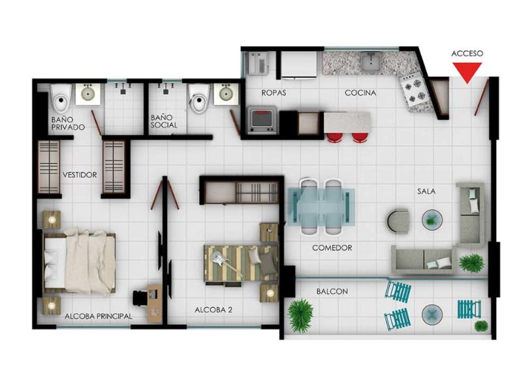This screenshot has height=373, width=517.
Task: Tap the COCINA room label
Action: point(360,93)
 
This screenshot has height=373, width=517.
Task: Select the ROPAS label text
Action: point(274,93)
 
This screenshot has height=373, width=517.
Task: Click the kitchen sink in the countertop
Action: point(371,61)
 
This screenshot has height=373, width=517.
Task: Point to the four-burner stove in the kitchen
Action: point(415,91)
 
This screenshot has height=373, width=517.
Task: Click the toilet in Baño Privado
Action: point(61,97)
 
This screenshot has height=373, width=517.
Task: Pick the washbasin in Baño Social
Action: point(226,94)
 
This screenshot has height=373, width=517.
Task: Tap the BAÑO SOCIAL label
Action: point(164,122)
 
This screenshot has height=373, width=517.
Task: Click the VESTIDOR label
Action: point(80,175)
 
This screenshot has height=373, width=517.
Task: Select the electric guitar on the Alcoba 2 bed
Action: point(225,261)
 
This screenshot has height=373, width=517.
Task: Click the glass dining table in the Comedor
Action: point(321,206)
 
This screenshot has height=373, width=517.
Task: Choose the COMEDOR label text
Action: point(332,248)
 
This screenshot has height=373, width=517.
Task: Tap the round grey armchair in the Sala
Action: point(398,221)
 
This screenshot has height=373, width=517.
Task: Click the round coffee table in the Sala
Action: point(432,220)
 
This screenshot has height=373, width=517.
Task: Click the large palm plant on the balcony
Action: point(300,315)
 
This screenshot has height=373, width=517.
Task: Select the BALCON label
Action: point(332,291)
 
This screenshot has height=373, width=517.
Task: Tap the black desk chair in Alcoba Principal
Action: point(140,298)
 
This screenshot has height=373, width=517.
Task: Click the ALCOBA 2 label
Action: point(213,310)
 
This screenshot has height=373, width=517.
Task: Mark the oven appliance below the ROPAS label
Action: point(262,120)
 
